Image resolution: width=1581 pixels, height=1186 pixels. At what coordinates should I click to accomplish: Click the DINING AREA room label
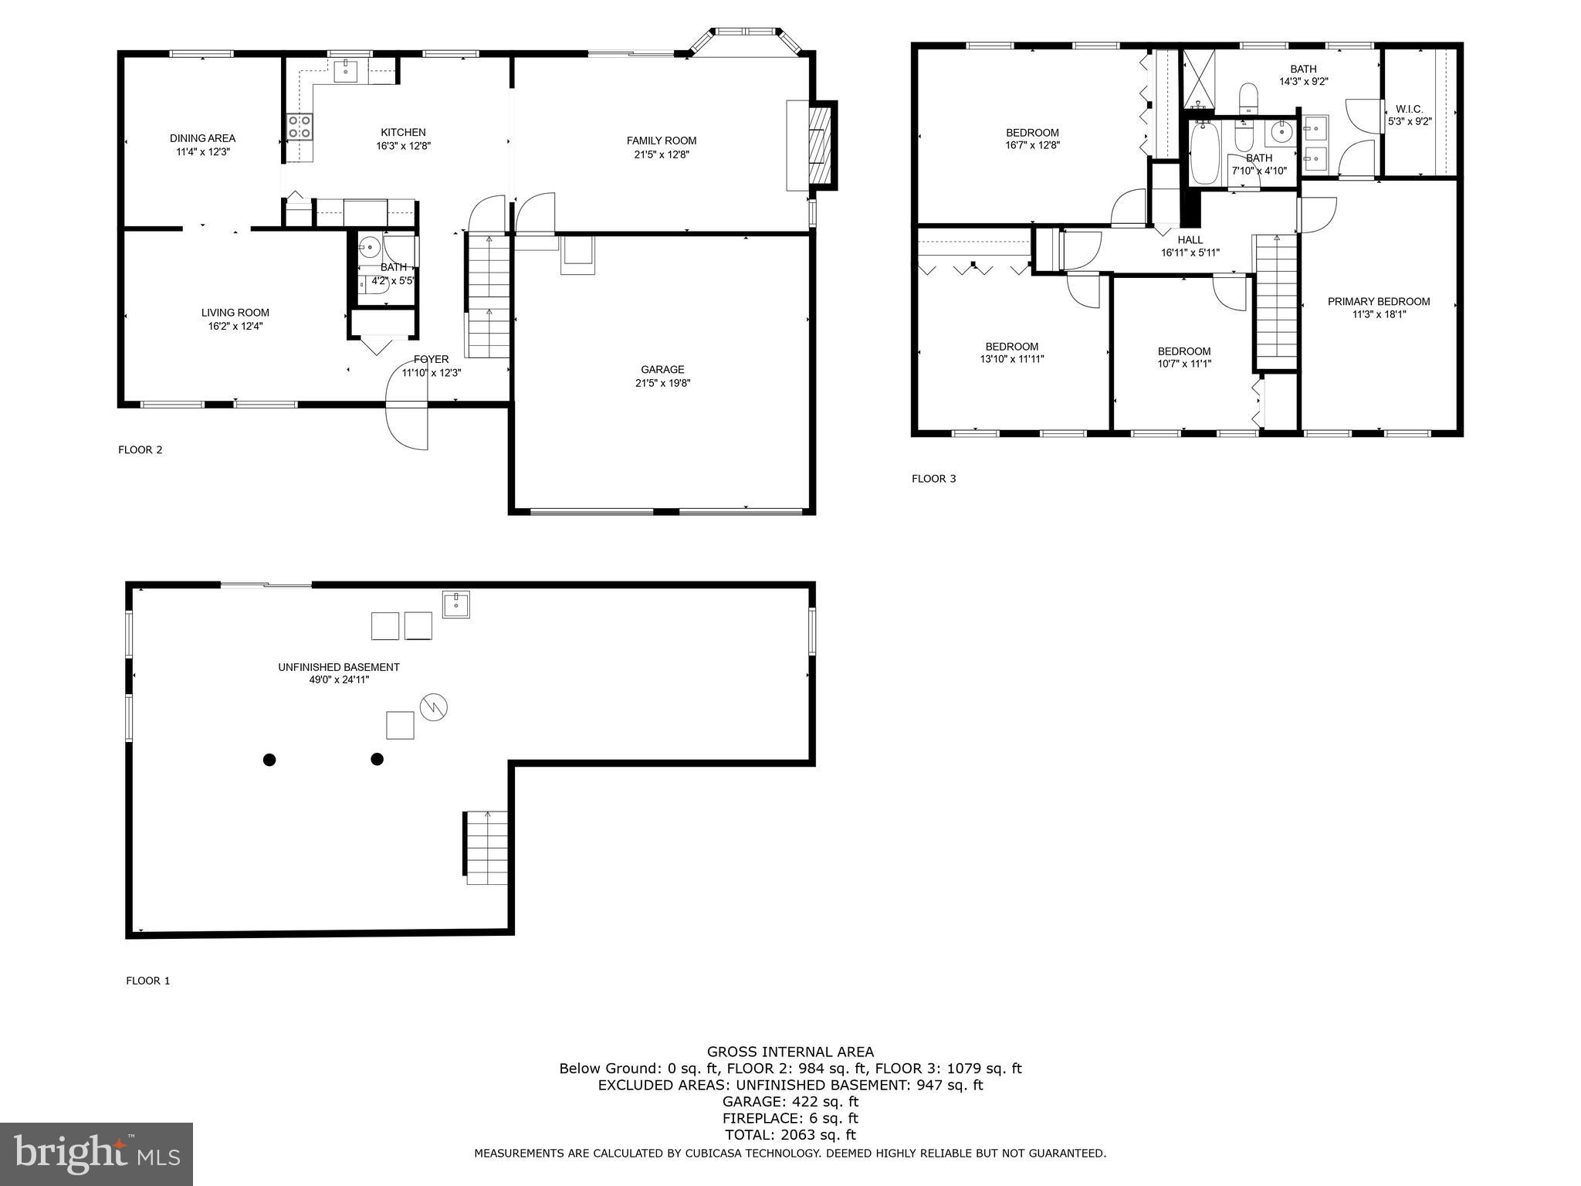202,138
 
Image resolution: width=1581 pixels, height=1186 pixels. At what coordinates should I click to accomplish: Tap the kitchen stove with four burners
300,127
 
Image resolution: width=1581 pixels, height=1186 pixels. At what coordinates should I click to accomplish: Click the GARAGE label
662,370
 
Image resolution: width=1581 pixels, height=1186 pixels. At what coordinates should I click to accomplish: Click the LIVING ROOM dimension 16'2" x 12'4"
235,326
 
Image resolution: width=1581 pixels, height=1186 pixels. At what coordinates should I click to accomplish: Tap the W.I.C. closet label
1409,110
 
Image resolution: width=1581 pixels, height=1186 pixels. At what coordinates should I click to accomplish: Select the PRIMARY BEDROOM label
1378,302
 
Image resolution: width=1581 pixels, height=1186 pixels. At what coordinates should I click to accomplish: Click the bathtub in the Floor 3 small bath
1204,153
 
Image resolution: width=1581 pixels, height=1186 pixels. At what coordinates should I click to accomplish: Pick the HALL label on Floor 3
1190,240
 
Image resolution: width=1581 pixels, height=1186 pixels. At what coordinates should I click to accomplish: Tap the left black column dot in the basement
269,760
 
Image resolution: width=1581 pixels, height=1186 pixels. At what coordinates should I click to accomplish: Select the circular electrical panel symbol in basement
434,707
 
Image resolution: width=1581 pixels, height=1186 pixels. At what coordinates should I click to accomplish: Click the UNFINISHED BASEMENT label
339,667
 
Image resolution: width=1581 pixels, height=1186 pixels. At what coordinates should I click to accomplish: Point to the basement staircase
486,847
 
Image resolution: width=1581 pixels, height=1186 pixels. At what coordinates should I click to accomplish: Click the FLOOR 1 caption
147,981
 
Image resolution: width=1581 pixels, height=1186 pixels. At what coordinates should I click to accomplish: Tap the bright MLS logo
96,1154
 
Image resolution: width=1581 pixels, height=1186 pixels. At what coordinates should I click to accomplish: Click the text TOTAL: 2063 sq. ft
790,1135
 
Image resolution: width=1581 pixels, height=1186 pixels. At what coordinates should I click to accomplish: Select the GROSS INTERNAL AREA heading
790,1052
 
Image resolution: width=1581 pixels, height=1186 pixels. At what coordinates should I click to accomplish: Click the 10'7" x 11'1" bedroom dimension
1183,364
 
